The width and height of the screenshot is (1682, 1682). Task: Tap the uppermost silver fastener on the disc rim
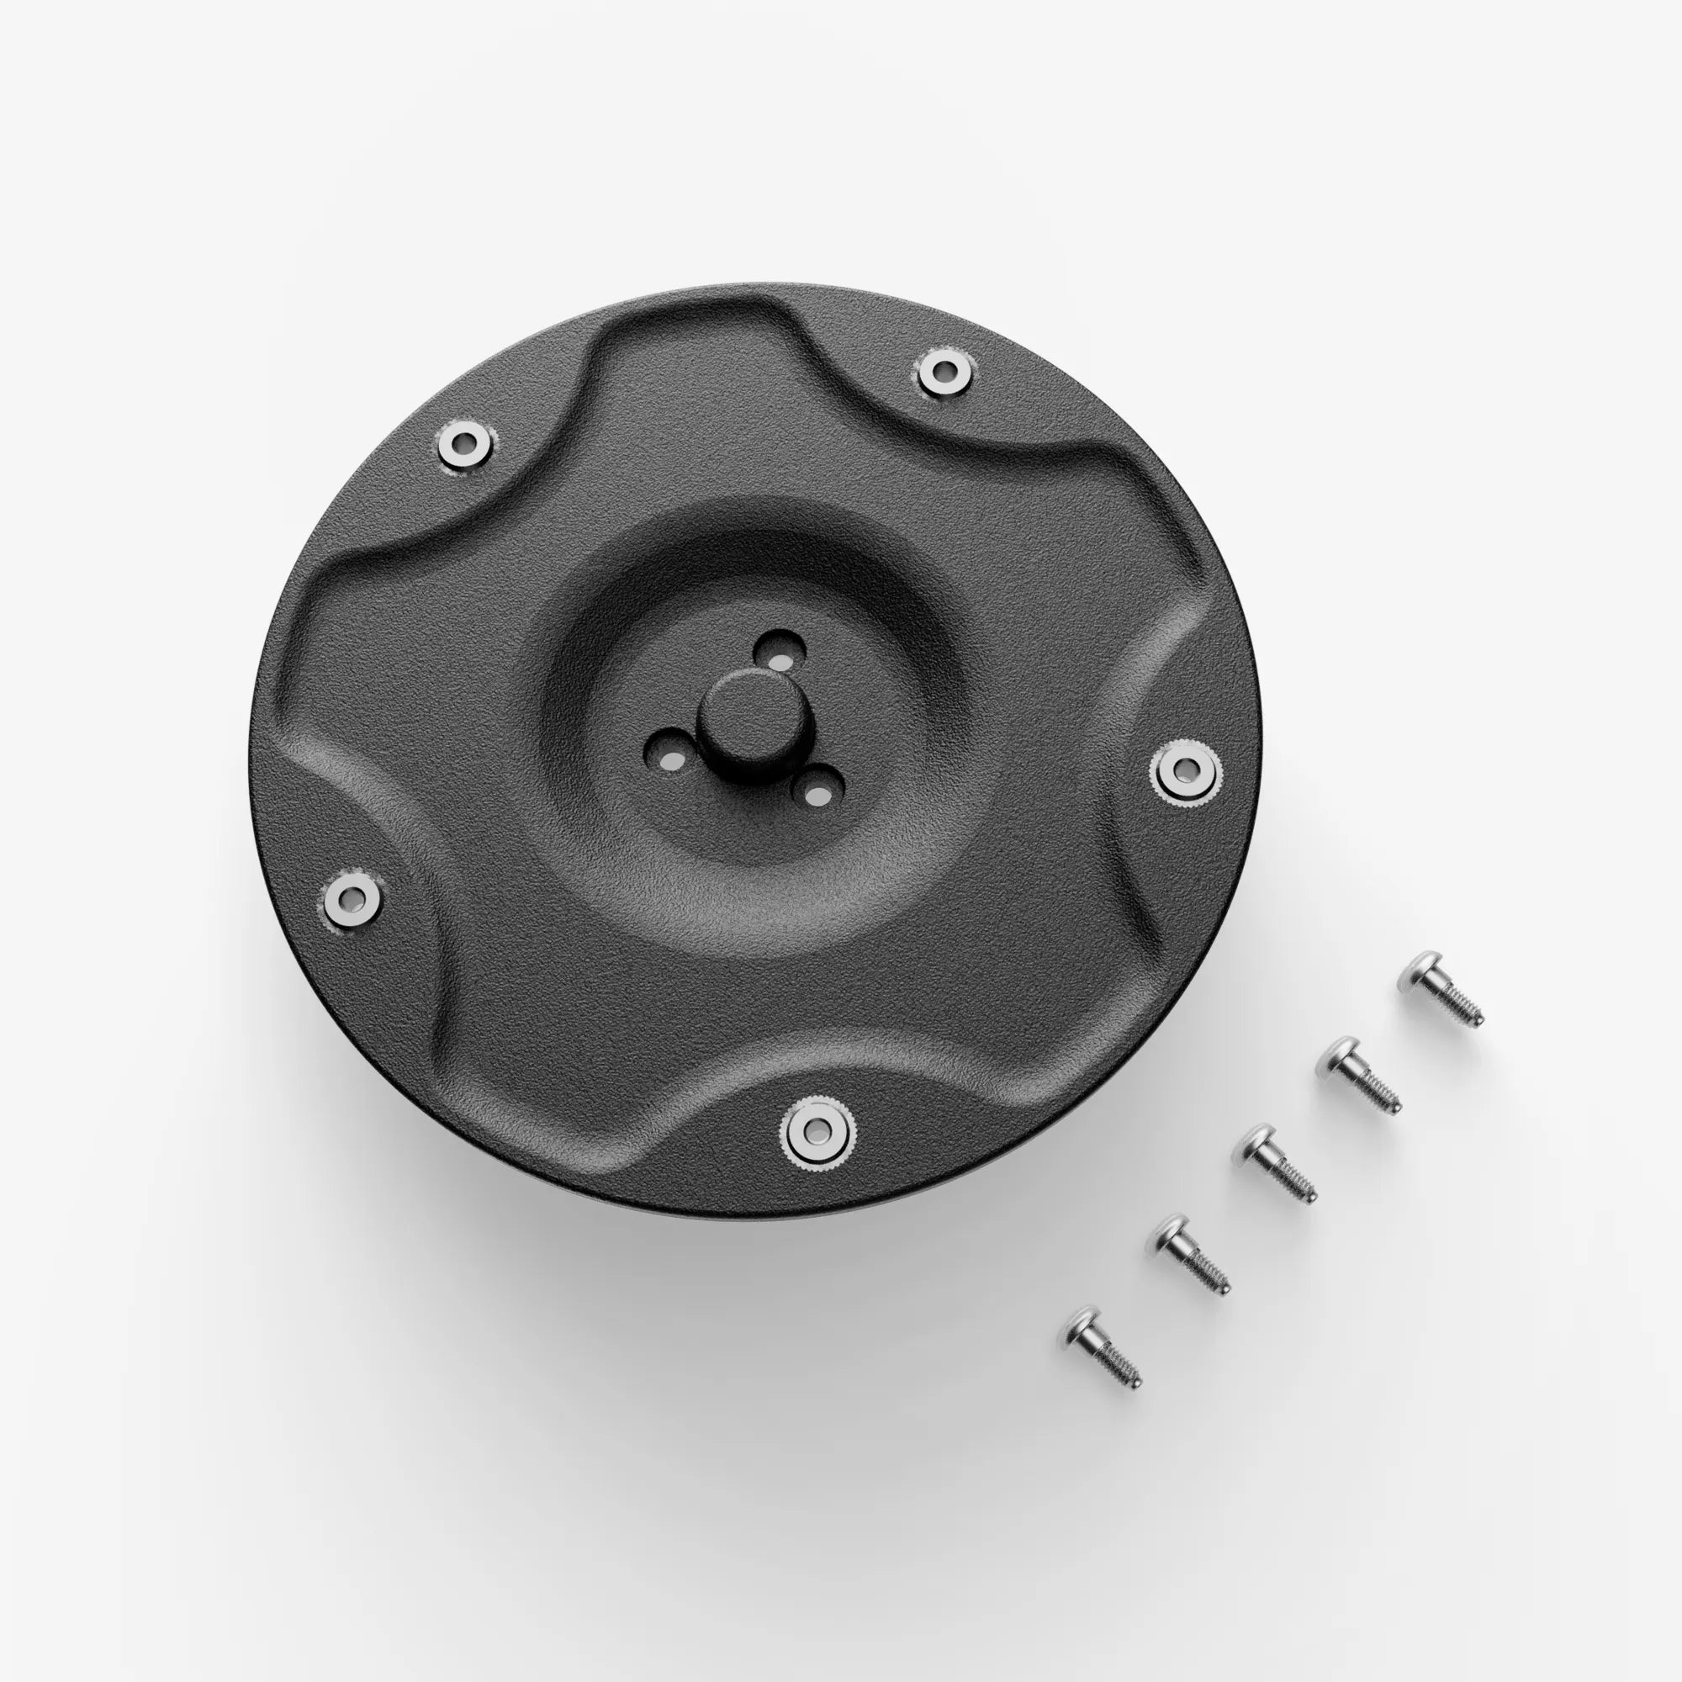tap(943, 372)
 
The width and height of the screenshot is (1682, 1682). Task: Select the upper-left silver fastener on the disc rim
tap(464, 443)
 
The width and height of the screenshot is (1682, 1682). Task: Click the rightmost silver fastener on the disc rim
tap(1185, 770)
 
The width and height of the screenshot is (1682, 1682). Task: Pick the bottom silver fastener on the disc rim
tap(817, 1130)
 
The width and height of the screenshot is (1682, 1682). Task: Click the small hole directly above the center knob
tap(778, 650)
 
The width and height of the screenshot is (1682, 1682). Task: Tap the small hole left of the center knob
tap(669, 760)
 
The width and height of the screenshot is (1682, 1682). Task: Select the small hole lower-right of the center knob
tap(817, 792)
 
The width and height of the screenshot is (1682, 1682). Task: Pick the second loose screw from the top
tap(1358, 1074)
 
